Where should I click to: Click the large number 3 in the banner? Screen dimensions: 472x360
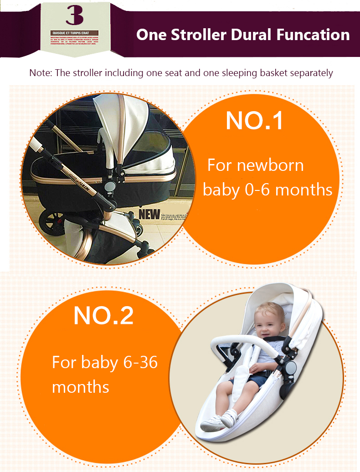pyautogui.click(x=74, y=16)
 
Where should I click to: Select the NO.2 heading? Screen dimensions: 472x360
pyautogui.click(x=103, y=315)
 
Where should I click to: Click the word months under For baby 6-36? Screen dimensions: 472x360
pyautogui.click(x=80, y=387)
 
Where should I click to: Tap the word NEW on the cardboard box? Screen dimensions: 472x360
pyautogui.click(x=149, y=213)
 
